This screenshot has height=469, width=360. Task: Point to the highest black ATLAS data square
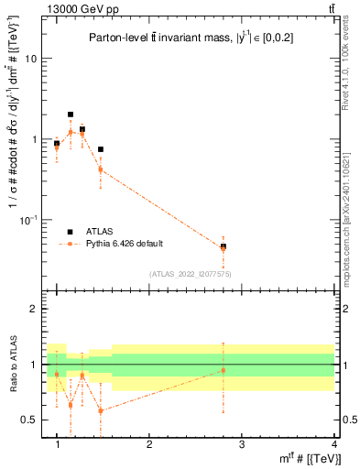(71, 115)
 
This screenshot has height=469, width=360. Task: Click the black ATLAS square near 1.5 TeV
(101, 149)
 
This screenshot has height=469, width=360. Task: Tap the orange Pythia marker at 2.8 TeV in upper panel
(223, 247)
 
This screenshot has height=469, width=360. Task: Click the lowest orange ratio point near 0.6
(101, 410)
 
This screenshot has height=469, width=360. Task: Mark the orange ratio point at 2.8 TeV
(223, 370)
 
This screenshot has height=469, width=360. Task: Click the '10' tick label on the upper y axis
(30, 59)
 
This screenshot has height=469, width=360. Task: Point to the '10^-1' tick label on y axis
(27, 220)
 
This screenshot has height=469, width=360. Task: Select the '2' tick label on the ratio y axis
(33, 309)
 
